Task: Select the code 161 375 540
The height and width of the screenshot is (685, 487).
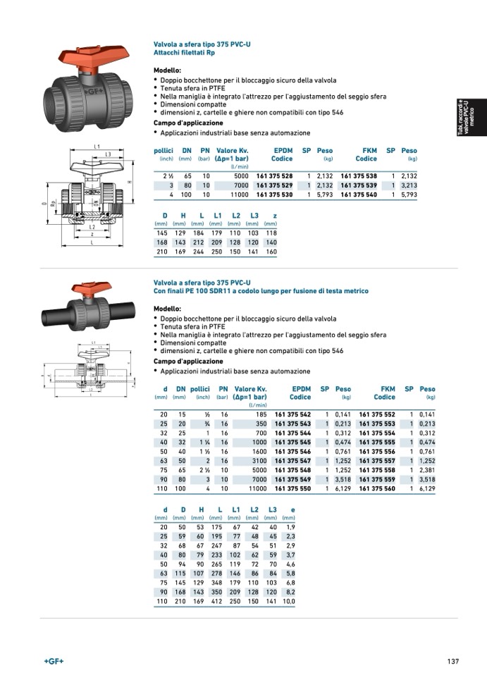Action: coord(359,194)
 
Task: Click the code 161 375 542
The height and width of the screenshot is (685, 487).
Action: coord(292,414)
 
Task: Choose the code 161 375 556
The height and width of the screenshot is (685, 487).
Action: coord(377,451)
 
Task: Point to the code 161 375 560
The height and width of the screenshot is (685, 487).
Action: coord(377,488)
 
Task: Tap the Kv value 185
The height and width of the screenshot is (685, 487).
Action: coord(261,414)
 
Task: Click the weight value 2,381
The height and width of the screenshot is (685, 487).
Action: coord(427,469)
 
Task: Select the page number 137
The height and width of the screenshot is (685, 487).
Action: coord(452,661)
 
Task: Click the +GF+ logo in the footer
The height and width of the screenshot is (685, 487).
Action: coord(54,661)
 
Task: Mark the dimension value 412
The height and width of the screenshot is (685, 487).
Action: coord(216,601)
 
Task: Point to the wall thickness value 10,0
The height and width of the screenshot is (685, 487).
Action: coord(289,601)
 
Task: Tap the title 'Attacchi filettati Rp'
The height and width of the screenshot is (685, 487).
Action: coord(184,53)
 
